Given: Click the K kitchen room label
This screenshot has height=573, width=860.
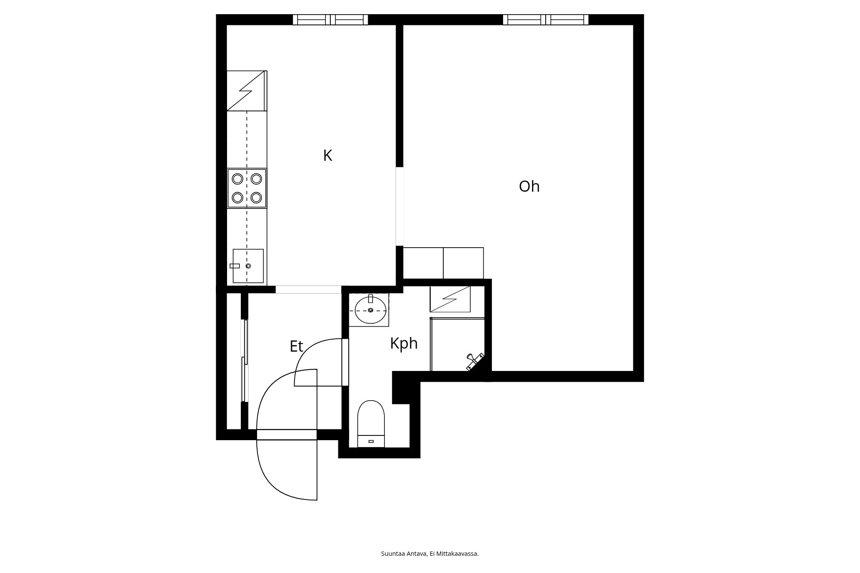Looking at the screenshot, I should [328, 156].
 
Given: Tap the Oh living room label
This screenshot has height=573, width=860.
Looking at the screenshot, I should [529, 187].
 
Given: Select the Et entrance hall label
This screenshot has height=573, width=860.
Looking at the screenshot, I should [296, 346].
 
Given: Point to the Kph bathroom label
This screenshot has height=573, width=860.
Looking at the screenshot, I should [404, 343].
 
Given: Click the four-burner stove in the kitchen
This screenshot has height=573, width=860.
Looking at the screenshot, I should [247, 188].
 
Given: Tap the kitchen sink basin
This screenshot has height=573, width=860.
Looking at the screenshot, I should [248, 266].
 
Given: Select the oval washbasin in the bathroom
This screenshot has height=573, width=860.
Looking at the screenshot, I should [370, 310].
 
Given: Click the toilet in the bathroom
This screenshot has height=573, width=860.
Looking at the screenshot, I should [371, 423].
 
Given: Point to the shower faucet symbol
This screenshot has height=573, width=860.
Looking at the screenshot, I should [475, 361].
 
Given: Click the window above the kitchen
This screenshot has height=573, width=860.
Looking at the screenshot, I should [330, 20].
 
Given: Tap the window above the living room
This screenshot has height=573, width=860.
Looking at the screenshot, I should [546, 20].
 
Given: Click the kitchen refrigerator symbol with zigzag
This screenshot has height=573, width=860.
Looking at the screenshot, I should [246, 91].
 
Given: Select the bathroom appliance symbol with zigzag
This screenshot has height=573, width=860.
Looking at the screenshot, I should [450, 299].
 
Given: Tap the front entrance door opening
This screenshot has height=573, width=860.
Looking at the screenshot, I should [287, 435].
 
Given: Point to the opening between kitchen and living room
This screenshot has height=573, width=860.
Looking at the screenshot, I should [399, 206].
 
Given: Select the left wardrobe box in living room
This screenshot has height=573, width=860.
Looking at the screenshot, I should [423, 263].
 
